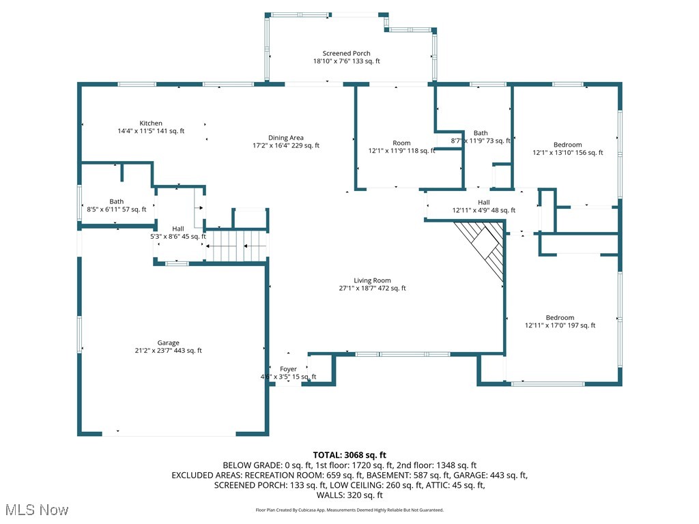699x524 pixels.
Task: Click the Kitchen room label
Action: pyautogui.click(x=151, y=123)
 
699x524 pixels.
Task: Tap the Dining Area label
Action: pyautogui.click(x=286, y=138)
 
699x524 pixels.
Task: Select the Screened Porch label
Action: pyautogui.click(x=347, y=53)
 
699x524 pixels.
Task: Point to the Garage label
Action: pyautogui.click(x=169, y=343)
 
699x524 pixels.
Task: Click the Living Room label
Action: pyautogui.click(x=372, y=280)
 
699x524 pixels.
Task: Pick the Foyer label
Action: pyautogui.click(x=289, y=369)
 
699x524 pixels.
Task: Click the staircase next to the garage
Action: pyautogui.click(x=236, y=246)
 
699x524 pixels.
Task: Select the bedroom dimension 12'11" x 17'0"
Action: pyautogui.click(x=560, y=325)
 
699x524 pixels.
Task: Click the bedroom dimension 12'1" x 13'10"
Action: pyautogui.click(x=568, y=153)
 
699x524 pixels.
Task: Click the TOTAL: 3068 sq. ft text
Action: pyautogui.click(x=349, y=454)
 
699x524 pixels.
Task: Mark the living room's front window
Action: pyautogui.click(x=403, y=353)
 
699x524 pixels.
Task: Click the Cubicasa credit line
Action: pyautogui.click(x=349, y=510)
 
